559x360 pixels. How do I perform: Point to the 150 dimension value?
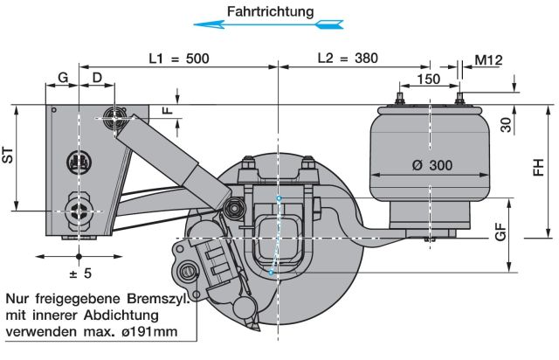(429, 79)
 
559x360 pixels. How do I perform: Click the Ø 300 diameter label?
(429, 166)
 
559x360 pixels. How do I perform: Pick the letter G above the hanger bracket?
(62, 78)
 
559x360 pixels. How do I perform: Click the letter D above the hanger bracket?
(97, 78)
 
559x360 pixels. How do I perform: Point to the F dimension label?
(169, 111)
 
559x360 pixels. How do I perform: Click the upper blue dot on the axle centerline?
(279, 200)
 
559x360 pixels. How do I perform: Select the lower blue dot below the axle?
(271, 273)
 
